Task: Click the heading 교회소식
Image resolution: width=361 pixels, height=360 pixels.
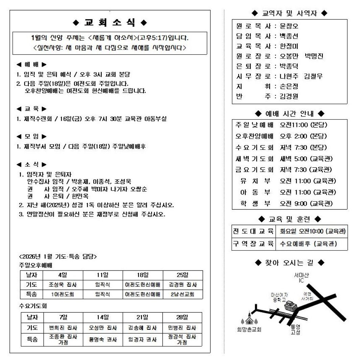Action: click(x=110, y=23)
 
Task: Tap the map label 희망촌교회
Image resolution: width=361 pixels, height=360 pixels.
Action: click(x=249, y=329)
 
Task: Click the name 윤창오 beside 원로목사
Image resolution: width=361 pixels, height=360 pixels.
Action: click(x=289, y=26)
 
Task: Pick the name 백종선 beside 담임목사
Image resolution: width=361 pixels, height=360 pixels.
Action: click(x=289, y=36)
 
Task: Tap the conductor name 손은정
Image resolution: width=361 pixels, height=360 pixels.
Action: click(x=289, y=86)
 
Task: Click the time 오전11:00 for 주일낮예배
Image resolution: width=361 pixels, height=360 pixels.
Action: click(x=294, y=125)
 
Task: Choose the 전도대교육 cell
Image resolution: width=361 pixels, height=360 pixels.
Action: click(x=253, y=231)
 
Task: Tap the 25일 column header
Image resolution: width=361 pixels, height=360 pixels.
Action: click(x=183, y=275)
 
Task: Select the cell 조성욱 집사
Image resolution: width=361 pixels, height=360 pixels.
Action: click(x=63, y=285)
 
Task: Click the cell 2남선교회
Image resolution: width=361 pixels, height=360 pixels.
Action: click(x=183, y=294)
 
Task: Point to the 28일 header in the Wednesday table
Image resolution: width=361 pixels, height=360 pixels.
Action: click(x=182, y=317)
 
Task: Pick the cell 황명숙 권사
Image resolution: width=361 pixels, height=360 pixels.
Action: click(x=103, y=339)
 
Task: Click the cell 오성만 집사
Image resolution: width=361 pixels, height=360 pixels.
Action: click(x=103, y=328)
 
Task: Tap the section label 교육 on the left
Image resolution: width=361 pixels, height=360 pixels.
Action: click(x=31, y=109)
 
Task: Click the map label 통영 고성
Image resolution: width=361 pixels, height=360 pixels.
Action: click(x=295, y=330)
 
